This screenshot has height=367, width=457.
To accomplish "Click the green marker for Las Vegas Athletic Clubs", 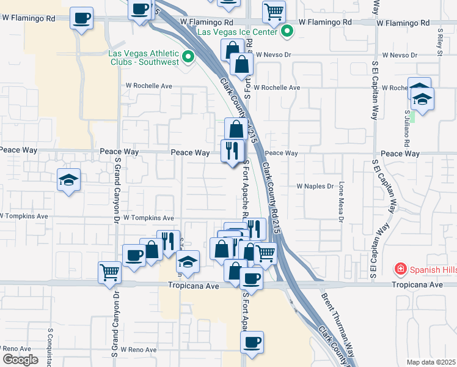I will [x=188, y=57].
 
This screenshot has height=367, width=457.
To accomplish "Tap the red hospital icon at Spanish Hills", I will [x=400, y=269].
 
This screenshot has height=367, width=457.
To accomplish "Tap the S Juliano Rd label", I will [x=408, y=129].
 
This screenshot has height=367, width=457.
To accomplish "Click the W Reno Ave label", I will [x=138, y=350].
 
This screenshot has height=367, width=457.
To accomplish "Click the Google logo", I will [x=20, y=360].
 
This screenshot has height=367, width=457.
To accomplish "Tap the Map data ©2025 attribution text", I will [x=431, y=362].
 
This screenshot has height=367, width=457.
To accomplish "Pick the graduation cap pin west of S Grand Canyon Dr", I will [x=68, y=180].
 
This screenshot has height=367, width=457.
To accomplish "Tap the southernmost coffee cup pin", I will [x=252, y=342].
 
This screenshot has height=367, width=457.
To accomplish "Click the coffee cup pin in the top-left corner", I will [x=81, y=17].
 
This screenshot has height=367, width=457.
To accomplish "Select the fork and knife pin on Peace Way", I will [x=232, y=150].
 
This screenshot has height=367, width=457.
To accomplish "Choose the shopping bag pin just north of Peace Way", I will [x=236, y=129].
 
